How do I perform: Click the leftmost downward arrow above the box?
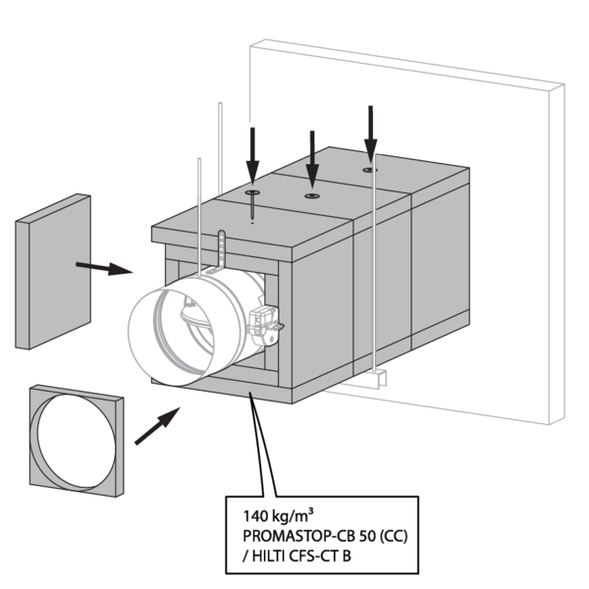[252, 153]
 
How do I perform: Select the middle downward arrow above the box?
[312, 156]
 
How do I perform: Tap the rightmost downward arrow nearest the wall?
[370, 130]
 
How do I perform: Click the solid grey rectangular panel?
[54, 271]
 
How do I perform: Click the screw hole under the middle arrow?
[312, 195]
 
